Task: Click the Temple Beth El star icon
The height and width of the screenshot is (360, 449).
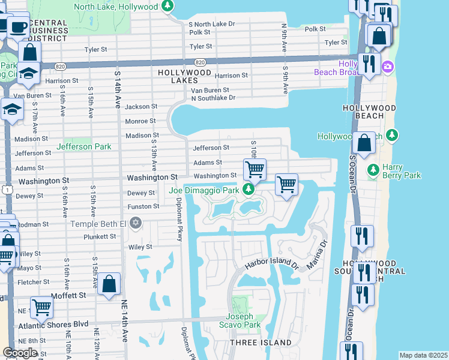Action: click(x=136, y=224)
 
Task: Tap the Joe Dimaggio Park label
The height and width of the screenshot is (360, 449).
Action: click(x=203, y=191)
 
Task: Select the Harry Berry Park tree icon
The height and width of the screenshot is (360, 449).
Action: click(x=373, y=170)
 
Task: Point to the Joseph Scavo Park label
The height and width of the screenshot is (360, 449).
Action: click(x=243, y=321)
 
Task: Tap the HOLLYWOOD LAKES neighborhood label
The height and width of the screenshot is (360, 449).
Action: click(x=184, y=72)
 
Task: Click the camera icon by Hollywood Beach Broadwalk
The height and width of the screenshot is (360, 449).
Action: click(x=387, y=65)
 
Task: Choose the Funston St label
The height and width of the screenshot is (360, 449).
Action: click(x=143, y=206)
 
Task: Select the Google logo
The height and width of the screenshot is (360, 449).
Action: click(x=20, y=353)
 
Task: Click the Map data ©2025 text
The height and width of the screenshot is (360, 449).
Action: click(x=423, y=355)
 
